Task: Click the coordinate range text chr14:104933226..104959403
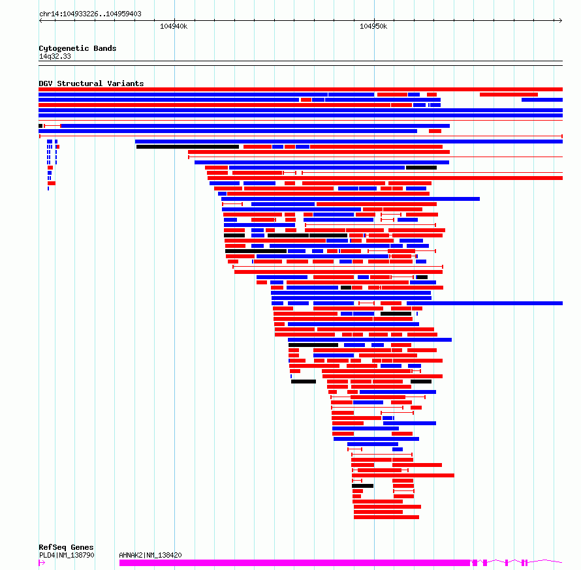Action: (x=90, y=14)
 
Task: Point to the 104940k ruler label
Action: (x=174, y=26)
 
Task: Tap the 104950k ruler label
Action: (x=373, y=26)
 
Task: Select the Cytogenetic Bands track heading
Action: (x=78, y=48)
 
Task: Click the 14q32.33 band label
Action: (x=55, y=56)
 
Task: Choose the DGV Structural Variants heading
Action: (x=91, y=83)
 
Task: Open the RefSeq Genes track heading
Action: (x=66, y=547)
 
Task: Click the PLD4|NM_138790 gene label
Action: (x=67, y=555)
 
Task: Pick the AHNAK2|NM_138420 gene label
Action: (x=150, y=555)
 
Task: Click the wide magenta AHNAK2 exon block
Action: (x=294, y=563)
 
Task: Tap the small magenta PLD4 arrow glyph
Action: (x=42, y=563)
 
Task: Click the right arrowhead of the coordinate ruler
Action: (x=561, y=20)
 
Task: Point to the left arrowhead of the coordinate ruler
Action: (x=40, y=20)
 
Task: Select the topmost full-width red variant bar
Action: (x=300, y=89)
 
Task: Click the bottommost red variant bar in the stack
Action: (x=386, y=517)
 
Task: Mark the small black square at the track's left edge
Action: (x=40, y=126)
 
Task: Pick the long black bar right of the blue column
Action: (x=187, y=147)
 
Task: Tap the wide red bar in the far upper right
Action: (x=509, y=95)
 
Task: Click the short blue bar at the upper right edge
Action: (x=542, y=100)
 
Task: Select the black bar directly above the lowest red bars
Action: (x=363, y=486)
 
